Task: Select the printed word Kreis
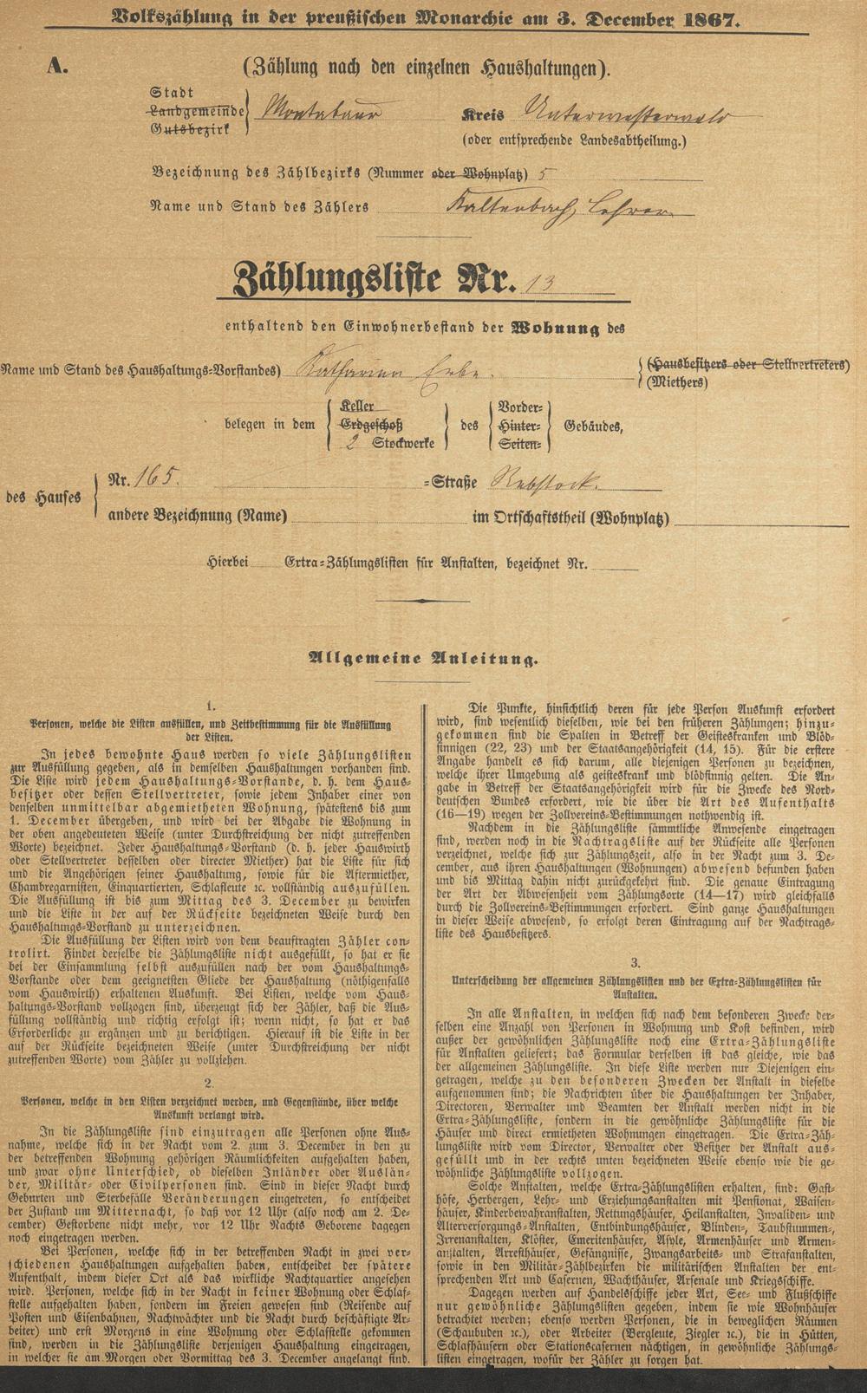482,116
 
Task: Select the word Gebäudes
592,425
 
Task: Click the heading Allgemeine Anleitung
423,659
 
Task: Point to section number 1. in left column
211,707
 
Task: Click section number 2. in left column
209,1083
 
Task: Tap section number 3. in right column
636,962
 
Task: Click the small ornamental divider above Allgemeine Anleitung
422,600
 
